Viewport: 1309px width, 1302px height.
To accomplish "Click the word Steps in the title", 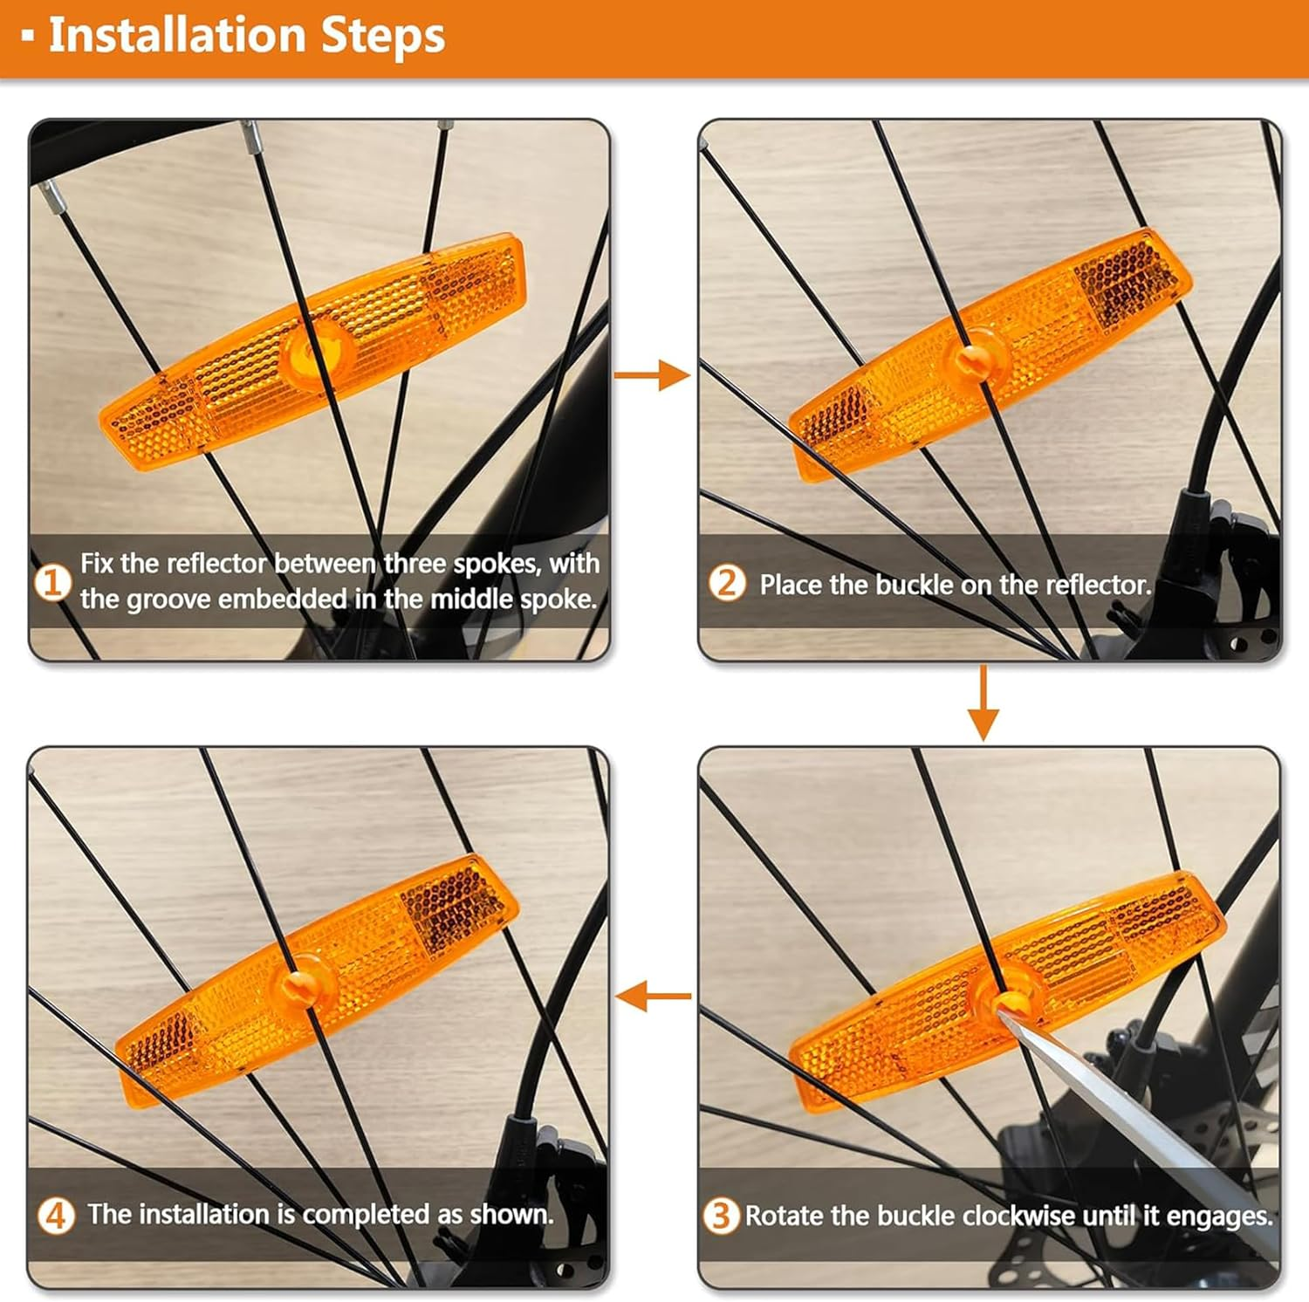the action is point(383,38).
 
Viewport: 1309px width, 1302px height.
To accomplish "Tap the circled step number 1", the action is point(52,582).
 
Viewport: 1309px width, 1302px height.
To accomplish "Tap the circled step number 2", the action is point(727,583).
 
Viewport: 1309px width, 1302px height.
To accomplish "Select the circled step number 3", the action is point(721,1215).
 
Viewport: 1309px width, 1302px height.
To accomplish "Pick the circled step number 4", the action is point(56,1215).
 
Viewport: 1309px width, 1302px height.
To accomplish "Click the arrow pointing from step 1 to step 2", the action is point(652,375).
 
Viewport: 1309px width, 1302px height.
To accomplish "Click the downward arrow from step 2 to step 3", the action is point(983,703).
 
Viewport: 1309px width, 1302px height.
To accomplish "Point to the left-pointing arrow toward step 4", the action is point(654,996).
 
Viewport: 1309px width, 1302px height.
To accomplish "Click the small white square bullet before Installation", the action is point(29,37).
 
